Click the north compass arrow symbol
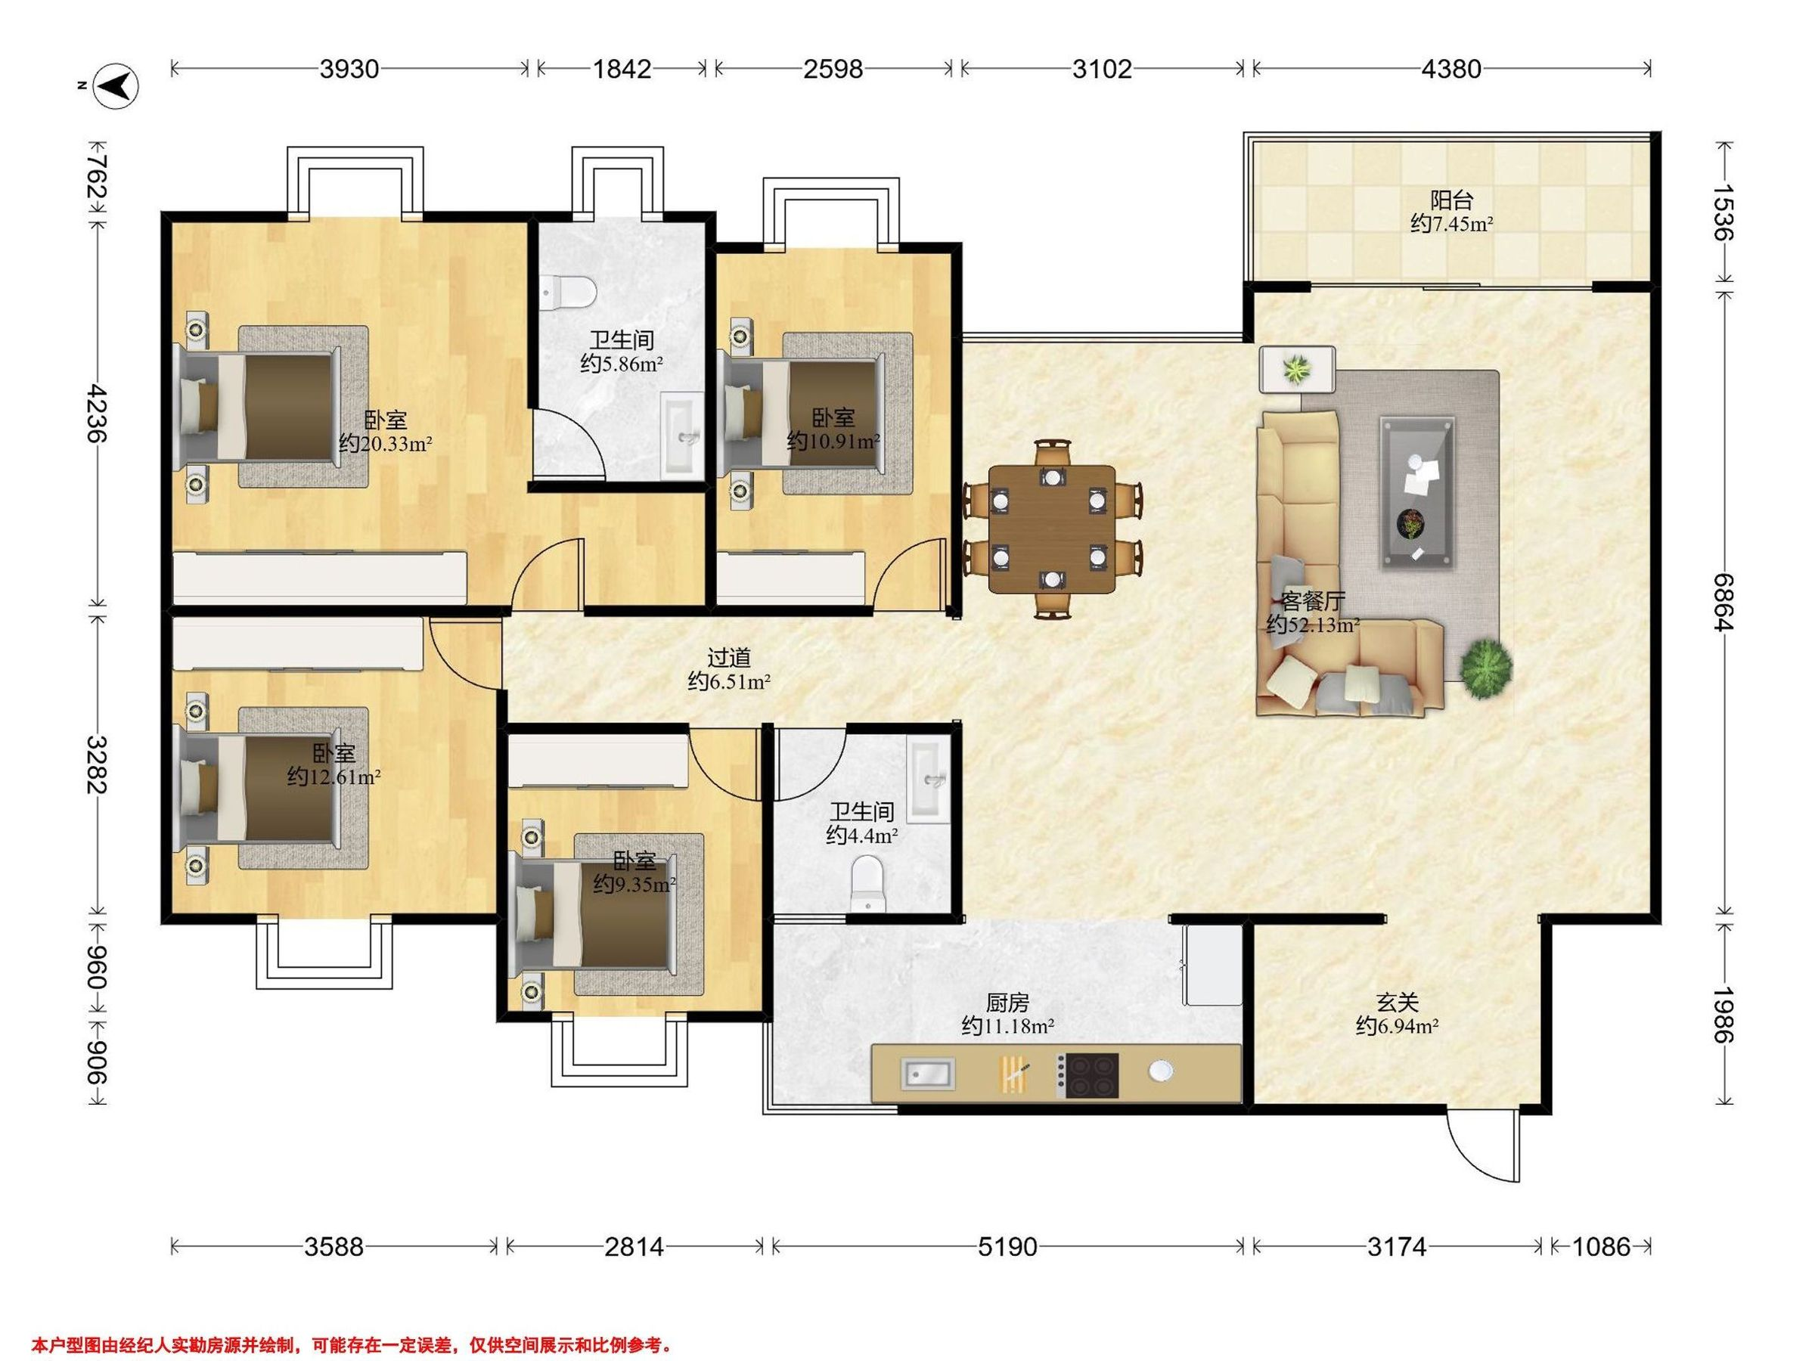click(x=118, y=84)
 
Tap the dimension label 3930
click(x=349, y=69)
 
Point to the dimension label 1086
click(x=1600, y=1247)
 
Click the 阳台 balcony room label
click(x=1451, y=200)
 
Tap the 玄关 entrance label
click(x=1397, y=1002)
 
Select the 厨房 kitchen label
click(x=1007, y=1002)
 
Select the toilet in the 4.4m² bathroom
click(x=869, y=884)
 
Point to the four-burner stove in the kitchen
click(x=1087, y=1074)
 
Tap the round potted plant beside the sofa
click(x=1486, y=670)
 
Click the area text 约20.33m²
click(x=386, y=444)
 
